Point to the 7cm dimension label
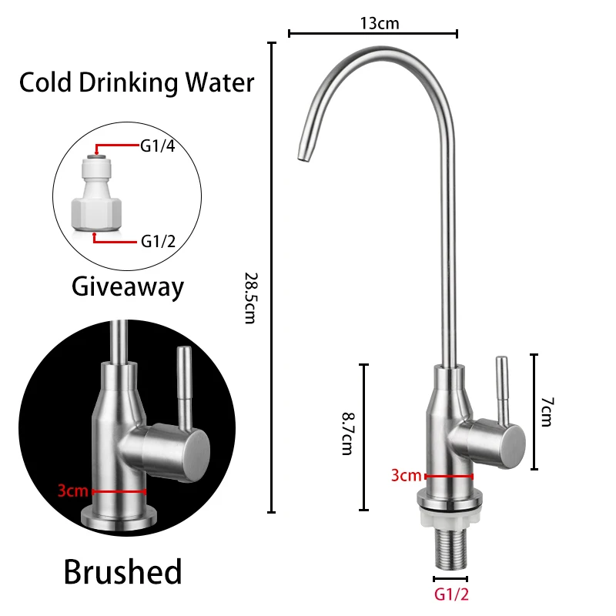tap(545, 412)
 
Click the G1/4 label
tap(157, 145)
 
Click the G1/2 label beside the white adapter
tap(157, 241)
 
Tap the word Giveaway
tap(128, 287)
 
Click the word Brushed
tap(123, 572)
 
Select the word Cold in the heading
tap(45, 82)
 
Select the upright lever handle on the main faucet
tap(501, 389)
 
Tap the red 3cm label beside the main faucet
tap(406, 475)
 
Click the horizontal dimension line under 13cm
tap(373, 33)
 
